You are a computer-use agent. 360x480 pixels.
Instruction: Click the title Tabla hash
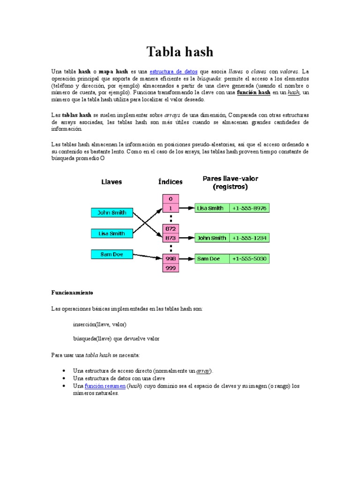click(180, 51)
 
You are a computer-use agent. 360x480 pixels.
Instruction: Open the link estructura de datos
click(173, 72)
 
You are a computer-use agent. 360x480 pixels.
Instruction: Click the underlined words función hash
click(254, 93)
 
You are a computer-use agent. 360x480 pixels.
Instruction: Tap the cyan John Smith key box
click(112, 212)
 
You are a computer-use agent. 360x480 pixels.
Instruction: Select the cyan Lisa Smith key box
click(112, 233)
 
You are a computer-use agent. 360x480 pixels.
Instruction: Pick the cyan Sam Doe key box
click(112, 255)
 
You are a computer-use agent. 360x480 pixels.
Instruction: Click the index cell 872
click(171, 228)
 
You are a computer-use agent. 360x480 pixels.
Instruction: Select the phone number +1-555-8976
click(249, 208)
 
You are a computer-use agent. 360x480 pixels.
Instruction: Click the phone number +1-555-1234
click(249, 238)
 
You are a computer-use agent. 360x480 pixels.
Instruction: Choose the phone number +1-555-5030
click(249, 259)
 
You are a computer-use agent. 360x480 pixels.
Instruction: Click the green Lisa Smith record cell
click(212, 208)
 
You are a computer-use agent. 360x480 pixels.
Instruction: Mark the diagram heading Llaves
click(112, 182)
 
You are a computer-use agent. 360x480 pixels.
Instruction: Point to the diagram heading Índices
click(171, 182)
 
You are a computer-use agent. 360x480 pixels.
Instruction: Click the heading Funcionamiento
click(72, 292)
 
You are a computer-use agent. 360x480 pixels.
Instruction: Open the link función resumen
click(105, 386)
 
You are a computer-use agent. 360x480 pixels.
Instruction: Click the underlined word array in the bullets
click(203, 371)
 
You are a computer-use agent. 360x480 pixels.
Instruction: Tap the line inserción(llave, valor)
click(100, 324)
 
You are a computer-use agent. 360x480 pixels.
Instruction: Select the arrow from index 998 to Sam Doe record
click(187, 258)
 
